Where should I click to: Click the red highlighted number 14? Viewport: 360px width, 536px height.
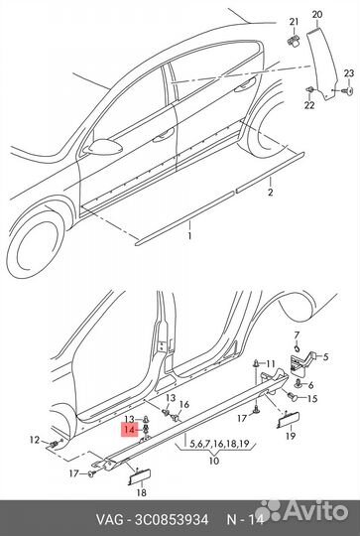130,430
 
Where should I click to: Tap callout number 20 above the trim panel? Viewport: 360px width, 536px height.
317,15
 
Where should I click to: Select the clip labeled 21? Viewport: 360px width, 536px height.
293,41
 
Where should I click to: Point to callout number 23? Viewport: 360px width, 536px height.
349,73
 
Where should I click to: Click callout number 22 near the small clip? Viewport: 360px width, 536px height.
309,105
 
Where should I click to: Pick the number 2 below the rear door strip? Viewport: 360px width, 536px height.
270,193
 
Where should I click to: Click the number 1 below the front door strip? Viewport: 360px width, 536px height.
189,236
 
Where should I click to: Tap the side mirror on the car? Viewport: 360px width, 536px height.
102,146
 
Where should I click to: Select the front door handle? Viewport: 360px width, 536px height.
164,136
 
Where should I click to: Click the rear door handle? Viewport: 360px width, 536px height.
245,85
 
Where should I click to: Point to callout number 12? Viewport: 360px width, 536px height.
35,440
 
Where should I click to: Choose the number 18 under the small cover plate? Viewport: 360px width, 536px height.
141,492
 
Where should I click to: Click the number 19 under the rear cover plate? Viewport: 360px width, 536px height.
291,436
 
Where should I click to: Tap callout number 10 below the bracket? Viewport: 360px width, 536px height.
214,461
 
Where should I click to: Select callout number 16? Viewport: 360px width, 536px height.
184,405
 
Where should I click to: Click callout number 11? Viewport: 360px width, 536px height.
270,363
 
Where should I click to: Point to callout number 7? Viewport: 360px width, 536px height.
297,335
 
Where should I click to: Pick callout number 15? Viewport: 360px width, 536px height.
312,399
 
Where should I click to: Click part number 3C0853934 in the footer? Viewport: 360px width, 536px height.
172,520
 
